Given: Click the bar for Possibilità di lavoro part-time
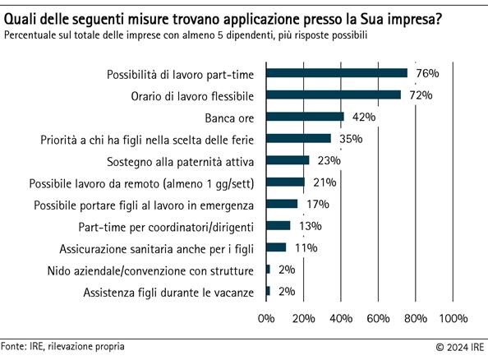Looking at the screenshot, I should click(x=336, y=73).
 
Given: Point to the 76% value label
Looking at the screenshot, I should click(x=427, y=73).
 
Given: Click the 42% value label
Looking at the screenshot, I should click(x=362, y=117).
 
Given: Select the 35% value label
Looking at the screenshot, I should click(x=350, y=139).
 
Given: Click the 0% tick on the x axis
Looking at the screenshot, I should click(x=265, y=318).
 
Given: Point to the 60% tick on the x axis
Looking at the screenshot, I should click(x=378, y=318).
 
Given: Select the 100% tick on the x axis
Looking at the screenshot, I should click(x=453, y=318).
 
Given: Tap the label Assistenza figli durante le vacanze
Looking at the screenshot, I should click(x=170, y=292).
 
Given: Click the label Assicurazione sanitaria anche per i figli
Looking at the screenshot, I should click(x=159, y=247).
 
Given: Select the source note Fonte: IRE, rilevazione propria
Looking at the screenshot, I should click(x=63, y=347).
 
